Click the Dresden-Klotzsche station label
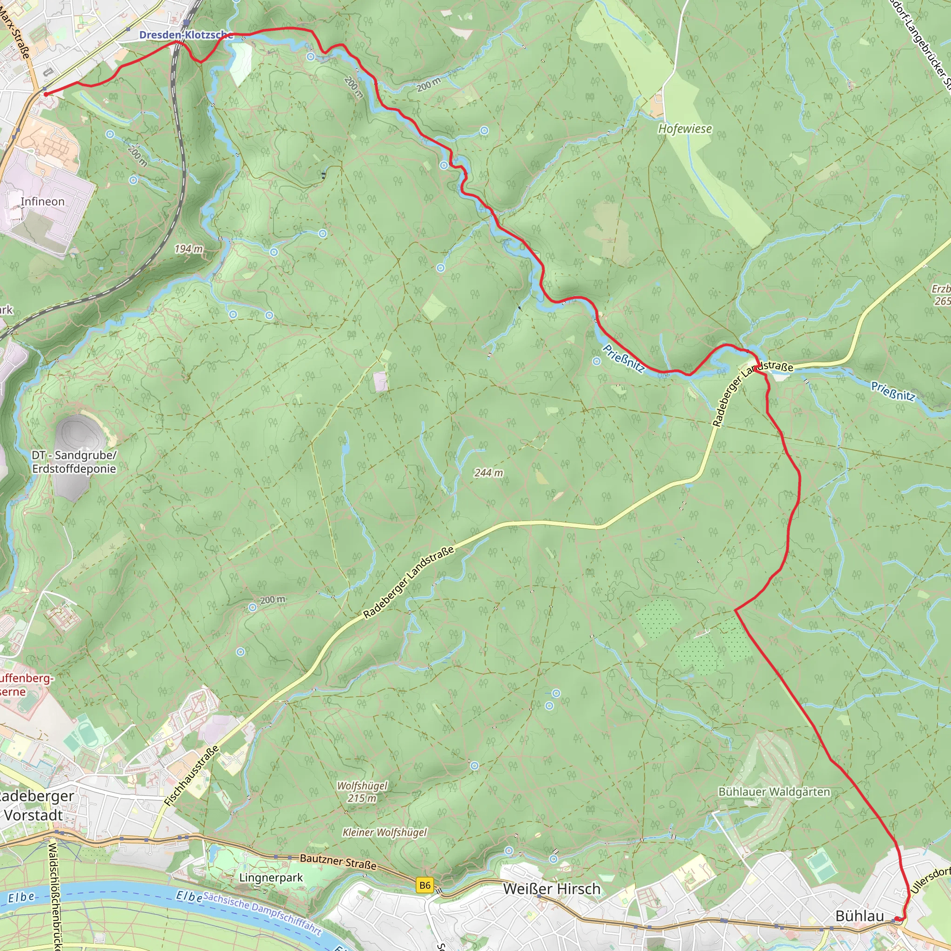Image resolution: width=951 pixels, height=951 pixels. click(x=186, y=35)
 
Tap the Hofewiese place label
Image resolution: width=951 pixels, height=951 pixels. click(x=685, y=129)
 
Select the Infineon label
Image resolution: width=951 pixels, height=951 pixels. click(x=42, y=202)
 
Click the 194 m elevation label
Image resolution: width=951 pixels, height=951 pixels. click(x=189, y=249)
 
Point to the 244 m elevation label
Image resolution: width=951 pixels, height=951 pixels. click(x=489, y=473)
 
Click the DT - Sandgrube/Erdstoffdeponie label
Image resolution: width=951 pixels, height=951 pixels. click(x=74, y=462)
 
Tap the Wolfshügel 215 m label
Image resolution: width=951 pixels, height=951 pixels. click(x=362, y=792)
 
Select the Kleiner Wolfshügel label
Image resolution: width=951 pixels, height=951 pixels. click(x=384, y=833)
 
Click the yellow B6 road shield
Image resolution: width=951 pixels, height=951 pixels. click(x=425, y=886)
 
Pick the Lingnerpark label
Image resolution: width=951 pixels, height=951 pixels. click(x=271, y=878)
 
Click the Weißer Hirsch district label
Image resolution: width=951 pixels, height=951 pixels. click(x=551, y=889)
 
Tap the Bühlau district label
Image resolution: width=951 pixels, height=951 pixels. click(x=860, y=916)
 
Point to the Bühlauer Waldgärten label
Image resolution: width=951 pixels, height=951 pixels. click(x=774, y=792)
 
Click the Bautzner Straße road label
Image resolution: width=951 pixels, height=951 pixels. click(x=338, y=861)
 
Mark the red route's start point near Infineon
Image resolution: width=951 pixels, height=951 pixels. click(x=46, y=93)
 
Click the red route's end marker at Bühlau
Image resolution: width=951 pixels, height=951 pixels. click(x=899, y=919)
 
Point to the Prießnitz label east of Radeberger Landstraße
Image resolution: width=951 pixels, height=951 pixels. click(x=893, y=391)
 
